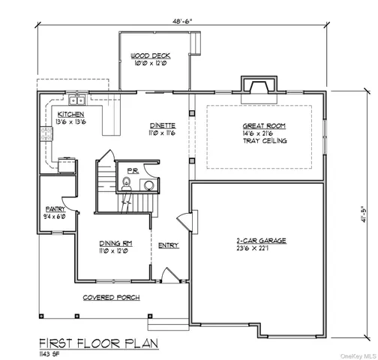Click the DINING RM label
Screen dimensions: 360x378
pos(116,243)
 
